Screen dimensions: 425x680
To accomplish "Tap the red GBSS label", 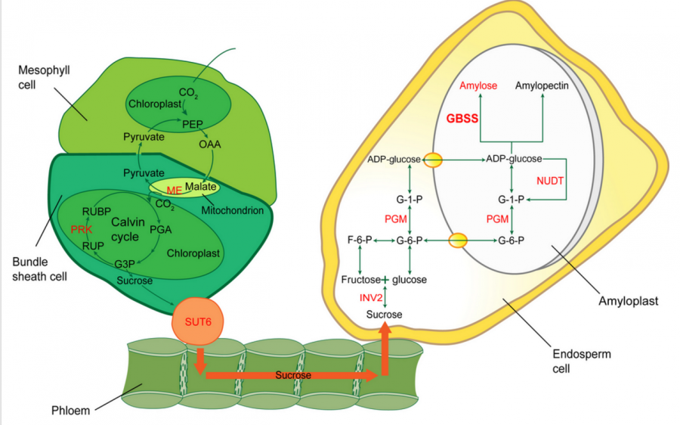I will (x=463, y=119).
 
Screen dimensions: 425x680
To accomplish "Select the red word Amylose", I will (x=478, y=85).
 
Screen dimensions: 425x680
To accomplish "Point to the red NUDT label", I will (x=551, y=181).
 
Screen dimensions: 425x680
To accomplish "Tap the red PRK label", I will (x=81, y=228).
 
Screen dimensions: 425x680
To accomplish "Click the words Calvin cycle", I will (x=125, y=229).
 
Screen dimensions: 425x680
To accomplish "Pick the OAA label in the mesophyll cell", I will (x=209, y=143).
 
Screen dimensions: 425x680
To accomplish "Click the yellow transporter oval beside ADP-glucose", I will (x=432, y=160).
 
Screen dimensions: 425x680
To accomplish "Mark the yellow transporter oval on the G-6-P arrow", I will (x=458, y=241).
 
